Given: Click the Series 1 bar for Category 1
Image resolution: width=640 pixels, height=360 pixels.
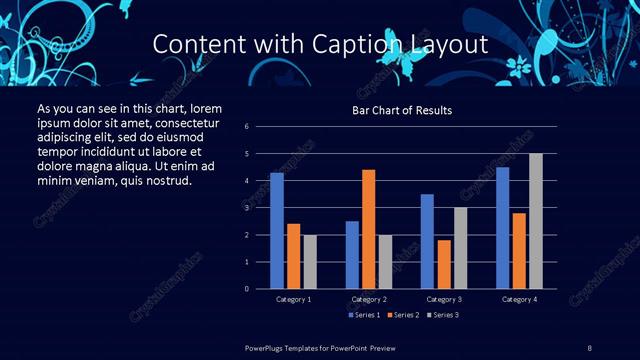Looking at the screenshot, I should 277,231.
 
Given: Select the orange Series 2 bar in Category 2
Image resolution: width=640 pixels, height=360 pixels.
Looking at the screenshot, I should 368,229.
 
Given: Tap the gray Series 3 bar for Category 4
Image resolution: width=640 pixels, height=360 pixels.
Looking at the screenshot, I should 535,221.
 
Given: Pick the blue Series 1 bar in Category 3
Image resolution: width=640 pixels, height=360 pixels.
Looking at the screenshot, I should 427,241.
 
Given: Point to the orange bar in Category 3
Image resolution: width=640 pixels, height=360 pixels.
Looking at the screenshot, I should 443,264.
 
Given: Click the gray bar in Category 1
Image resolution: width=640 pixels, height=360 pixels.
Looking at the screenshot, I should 310,262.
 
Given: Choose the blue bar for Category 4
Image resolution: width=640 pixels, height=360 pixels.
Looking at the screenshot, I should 502,228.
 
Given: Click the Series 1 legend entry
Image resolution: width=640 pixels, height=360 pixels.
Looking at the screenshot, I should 361,316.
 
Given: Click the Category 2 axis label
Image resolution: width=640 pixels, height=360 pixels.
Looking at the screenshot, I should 369,300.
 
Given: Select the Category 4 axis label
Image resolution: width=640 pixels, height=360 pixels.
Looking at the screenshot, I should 518,300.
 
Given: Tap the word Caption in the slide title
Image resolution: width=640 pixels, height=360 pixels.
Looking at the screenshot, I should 363,45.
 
